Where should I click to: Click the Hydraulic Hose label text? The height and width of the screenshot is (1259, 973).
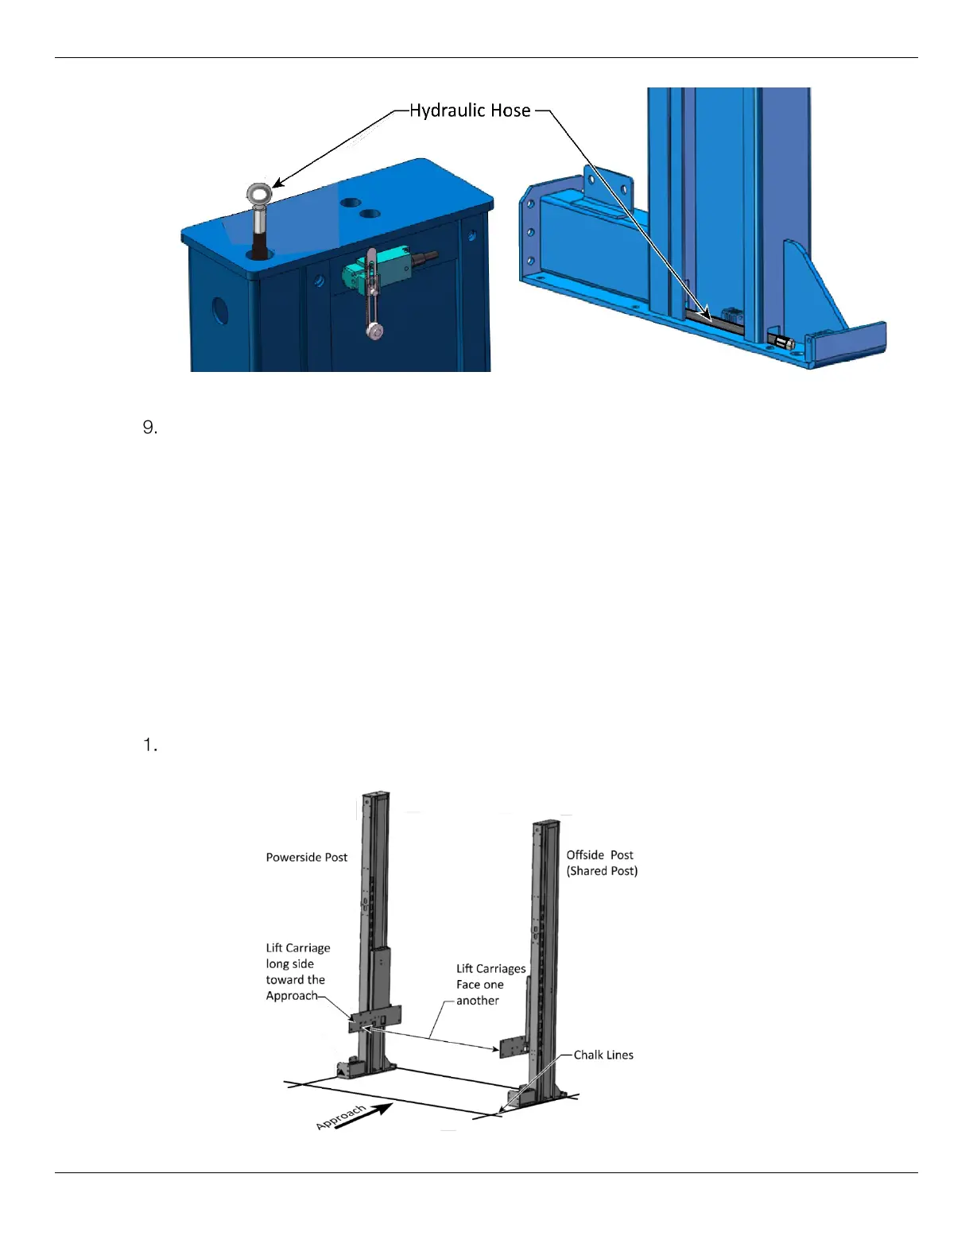[x=470, y=110]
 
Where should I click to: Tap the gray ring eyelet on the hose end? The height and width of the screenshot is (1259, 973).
[x=259, y=193]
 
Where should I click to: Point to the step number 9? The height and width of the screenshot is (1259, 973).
[x=150, y=428]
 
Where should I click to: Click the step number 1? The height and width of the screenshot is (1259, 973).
[x=150, y=746]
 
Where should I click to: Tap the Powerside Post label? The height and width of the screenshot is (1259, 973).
[x=307, y=858]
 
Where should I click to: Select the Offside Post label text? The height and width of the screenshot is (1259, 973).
[x=599, y=855]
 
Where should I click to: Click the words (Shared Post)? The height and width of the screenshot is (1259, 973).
[x=602, y=871]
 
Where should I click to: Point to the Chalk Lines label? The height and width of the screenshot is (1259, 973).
[x=603, y=1056]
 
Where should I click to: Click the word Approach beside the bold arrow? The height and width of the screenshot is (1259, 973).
[x=341, y=1116]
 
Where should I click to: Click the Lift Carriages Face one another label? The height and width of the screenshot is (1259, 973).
[x=490, y=985]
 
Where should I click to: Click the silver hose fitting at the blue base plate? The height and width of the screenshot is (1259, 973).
[x=784, y=343]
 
